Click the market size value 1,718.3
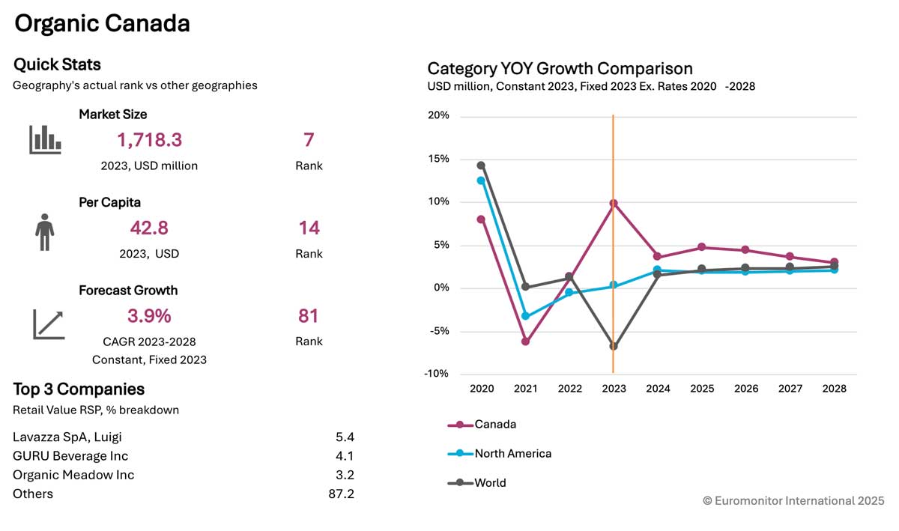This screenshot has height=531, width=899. coord(149,140)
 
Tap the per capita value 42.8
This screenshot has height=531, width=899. coord(149,228)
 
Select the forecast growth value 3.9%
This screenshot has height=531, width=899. coord(149,316)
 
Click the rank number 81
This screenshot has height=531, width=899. coord(308,316)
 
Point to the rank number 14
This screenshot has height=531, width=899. coord(309,228)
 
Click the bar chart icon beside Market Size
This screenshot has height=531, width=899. coord(45,139)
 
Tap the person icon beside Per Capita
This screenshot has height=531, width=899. coord(44,232)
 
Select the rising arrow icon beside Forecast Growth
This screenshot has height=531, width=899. coord(49,324)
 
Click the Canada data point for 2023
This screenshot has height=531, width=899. coord(614,204)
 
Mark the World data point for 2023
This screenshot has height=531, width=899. coord(614,346)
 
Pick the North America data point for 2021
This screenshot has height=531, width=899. coord(525,316)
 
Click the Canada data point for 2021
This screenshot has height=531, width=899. coord(525,342)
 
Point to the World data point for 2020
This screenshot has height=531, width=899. coord(481,166)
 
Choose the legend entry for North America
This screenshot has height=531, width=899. coord(500,454)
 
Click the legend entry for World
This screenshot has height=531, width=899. coord(476,482)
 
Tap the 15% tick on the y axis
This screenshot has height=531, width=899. coord(438,159)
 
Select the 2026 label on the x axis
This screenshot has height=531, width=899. coord(746,389)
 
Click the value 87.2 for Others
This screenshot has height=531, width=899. coord(341,494)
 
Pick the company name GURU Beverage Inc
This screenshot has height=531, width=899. coord(70,456)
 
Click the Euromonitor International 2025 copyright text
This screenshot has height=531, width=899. coord(793,501)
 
